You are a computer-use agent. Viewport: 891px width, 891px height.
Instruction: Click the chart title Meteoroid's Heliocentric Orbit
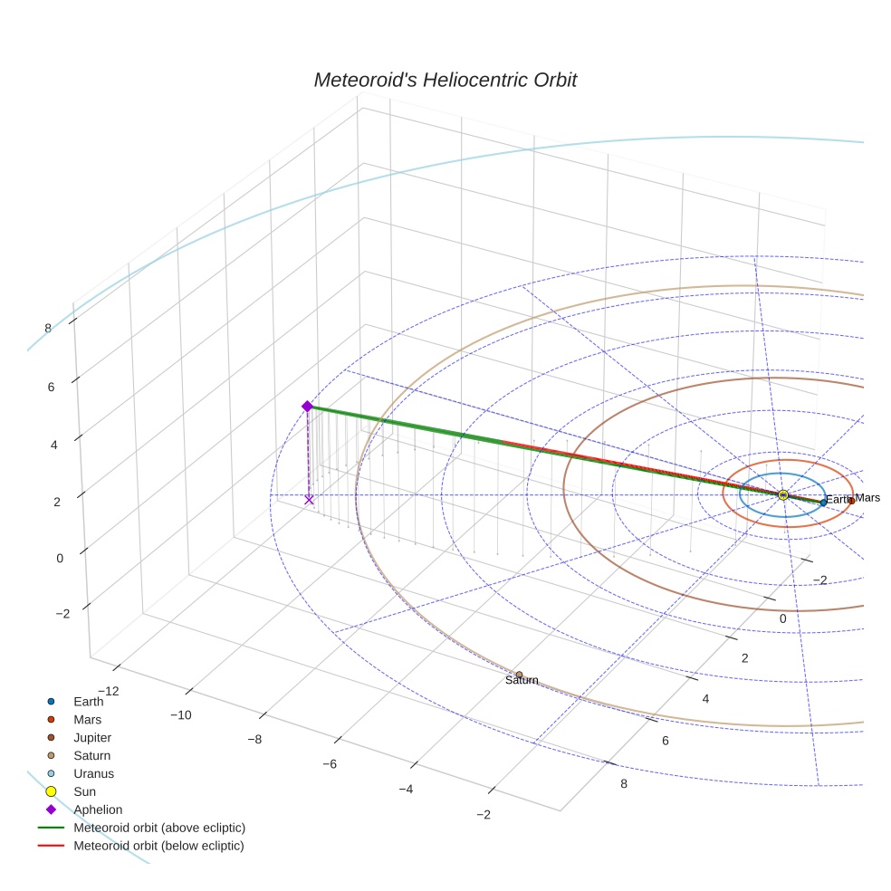click(445, 81)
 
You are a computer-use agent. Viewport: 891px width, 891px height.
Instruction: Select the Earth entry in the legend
click(88, 701)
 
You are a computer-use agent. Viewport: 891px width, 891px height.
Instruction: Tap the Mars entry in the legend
click(87, 719)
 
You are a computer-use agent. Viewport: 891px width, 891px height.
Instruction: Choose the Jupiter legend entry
click(92, 737)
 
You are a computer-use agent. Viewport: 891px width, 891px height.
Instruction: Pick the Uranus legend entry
click(93, 773)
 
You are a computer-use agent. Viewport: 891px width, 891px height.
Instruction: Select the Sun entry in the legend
click(84, 791)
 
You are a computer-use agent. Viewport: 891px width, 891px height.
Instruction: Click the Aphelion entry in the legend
click(98, 810)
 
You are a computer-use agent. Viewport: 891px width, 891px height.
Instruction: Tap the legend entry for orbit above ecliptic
click(159, 828)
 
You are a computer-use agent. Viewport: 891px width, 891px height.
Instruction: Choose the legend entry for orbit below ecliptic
click(158, 846)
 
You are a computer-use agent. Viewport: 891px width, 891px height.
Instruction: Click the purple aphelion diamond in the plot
click(307, 407)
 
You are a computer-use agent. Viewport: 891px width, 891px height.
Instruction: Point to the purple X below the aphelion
click(309, 499)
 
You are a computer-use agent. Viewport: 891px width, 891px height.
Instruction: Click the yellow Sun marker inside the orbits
click(782, 494)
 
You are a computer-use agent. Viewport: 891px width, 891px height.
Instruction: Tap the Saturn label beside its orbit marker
click(522, 681)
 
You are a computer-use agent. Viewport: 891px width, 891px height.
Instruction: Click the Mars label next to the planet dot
click(867, 498)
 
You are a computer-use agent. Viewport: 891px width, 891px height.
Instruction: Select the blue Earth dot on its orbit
click(823, 502)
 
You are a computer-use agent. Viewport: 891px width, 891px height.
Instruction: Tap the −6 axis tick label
click(331, 764)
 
